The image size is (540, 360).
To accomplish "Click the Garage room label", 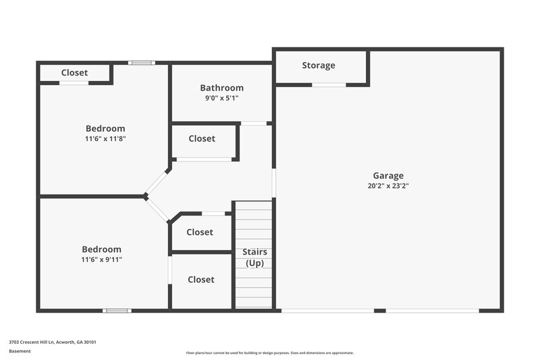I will click(x=387, y=176).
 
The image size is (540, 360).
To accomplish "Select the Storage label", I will click(x=319, y=66).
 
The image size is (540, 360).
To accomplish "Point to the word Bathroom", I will click(x=221, y=88).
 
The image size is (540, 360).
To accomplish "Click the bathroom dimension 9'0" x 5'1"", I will click(x=221, y=98).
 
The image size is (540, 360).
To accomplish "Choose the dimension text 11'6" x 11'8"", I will click(x=105, y=138).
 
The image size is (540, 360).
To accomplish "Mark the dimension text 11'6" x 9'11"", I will click(x=102, y=259).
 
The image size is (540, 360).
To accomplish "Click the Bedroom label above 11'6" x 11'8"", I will click(x=105, y=128).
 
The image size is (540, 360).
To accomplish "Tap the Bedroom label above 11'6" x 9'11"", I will click(x=102, y=249).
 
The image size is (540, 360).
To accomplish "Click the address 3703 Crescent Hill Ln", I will click(x=53, y=342).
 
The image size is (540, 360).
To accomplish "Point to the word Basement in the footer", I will click(x=20, y=351).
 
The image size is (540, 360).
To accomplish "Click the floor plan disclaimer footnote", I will click(x=269, y=353).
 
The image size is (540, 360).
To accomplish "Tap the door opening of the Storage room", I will click(x=329, y=84).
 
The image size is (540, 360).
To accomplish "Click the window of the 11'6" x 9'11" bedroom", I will click(x=116, y=311).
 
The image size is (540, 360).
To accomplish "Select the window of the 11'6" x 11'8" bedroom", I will click(x=142, y=63).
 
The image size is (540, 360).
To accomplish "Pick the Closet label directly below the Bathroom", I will click(x=202, y=138).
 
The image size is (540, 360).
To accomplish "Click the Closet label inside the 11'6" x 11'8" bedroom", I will click(x=74, y=73).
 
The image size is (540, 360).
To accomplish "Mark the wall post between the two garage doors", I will click(x=380, y=311).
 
